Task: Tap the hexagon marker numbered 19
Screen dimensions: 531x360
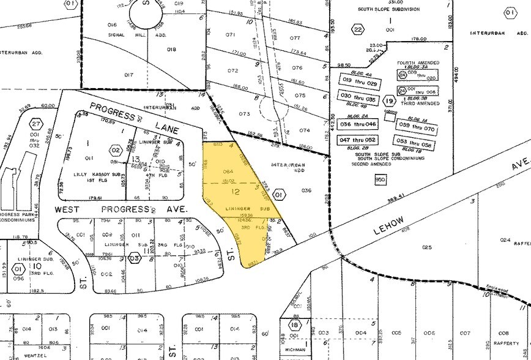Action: click(389, 101)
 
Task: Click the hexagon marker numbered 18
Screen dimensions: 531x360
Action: click(295, 324)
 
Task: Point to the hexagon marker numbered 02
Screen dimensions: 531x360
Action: click(114, 149)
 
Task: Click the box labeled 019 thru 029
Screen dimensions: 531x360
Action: click(358, 79)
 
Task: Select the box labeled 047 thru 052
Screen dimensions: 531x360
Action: click(358, 140)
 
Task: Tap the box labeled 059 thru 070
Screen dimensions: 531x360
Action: click(416, 129)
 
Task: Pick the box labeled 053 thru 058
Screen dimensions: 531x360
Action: click(416, 145)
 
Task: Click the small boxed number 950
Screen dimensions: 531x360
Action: click(379, 179)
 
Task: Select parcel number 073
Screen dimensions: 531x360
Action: click(228, 114)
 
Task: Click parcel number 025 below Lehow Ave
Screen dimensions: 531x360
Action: click(426, 247)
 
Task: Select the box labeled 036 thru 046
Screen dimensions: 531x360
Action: click(358, 124)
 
